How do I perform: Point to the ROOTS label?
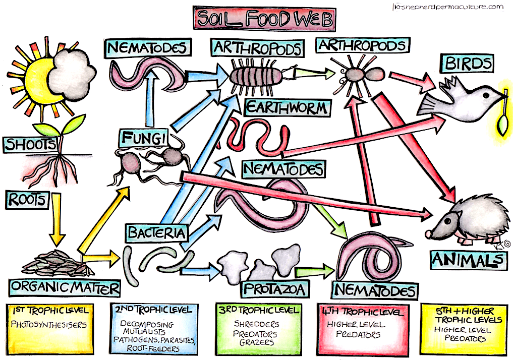pos(26,200)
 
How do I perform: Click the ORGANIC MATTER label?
pos(65,288)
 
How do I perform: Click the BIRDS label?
pos(467,64)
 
